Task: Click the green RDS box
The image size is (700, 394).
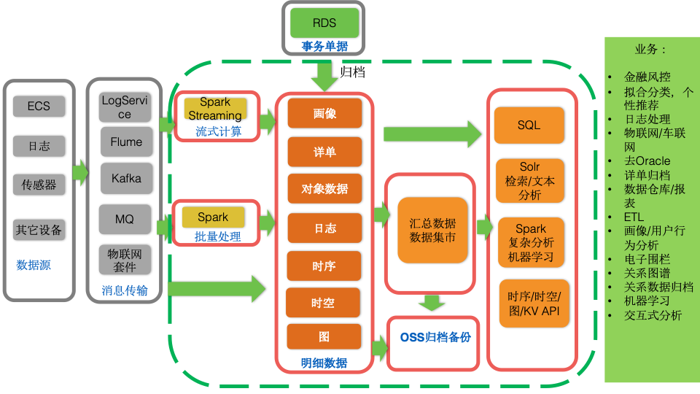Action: [x=324, y=23]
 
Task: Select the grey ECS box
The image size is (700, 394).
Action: [x=39, y=107]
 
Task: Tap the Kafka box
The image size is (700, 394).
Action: [x=126, y=178]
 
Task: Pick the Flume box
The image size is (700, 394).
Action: [x=126, y=142]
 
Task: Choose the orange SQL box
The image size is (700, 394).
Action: [x=529, y=125]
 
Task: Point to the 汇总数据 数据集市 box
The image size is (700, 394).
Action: [x=432, y=231]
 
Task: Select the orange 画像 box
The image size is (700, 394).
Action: [x=324, y=114]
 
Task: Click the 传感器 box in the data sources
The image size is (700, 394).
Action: [x=39, y=185]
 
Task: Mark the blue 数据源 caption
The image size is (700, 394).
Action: [x=34, y=265]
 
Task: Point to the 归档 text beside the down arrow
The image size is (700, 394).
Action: [x=352, y=72]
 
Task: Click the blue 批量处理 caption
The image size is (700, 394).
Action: [x=218, y=237]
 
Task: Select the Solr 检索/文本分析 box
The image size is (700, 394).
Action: [x=529, y=181]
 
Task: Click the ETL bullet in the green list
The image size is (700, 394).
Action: [x=634, y=217]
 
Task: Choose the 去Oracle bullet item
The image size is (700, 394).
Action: [x=647, y=161]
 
